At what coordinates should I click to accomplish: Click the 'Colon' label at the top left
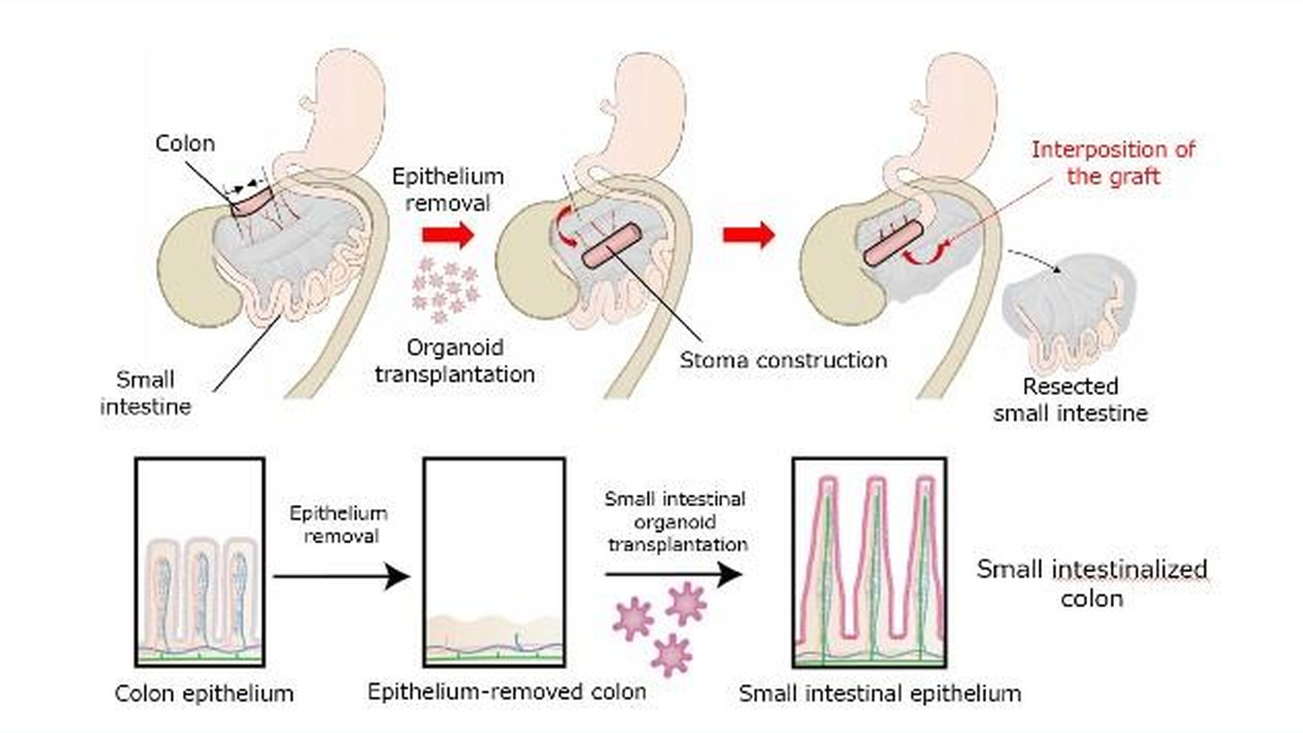tap(185, 143)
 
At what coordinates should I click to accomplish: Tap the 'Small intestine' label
tap(145, 393)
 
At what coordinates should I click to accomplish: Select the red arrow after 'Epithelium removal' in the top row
tap(447, 235)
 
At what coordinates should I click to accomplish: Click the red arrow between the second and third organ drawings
tap(748, 235)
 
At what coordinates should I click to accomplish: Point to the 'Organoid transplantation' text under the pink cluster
tap(454, 360)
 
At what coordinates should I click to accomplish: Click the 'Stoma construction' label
tap(783, 360)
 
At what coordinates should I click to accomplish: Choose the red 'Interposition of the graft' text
tap(1113, 163)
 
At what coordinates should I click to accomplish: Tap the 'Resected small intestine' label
tap(1070, 400)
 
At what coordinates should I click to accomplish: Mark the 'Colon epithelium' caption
tap(204, 694)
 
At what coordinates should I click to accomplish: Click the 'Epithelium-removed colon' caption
tap(506, 692)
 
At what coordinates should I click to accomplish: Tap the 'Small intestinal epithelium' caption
tap(880, 694)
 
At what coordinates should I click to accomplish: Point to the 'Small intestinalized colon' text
tap(1091, 583)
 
